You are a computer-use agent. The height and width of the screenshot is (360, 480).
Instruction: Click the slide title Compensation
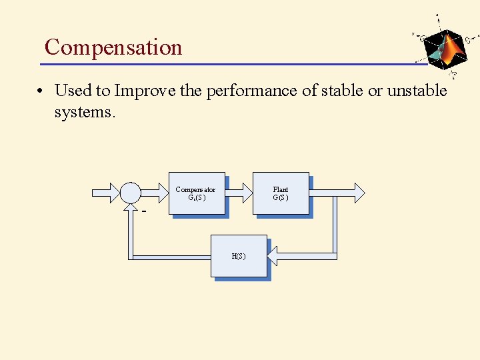tap(113, 47)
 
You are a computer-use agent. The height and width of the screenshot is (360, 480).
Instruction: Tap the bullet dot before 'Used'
tap(41, 91)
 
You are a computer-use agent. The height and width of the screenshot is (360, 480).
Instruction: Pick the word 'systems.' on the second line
tap(85, 111)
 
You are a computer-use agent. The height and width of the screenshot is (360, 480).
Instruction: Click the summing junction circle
tap(131, 193)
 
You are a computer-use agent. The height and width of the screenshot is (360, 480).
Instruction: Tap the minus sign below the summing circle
tap(143, 211)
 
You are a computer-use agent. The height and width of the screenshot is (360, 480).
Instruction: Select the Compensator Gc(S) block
tap(197, 193)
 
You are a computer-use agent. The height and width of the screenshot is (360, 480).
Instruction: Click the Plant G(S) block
tap(280, 193)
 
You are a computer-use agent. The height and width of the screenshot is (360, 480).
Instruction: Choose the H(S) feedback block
tap(239, 256)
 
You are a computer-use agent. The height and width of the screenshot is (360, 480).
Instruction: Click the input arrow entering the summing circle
tap(105, 193)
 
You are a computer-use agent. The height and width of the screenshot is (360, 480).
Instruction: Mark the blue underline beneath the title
tap(233, 64)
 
